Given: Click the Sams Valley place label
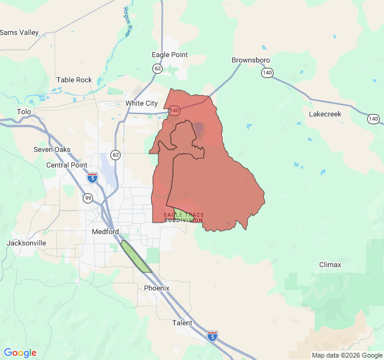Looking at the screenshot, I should (x=19, y=32).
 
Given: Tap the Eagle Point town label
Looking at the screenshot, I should (x=169, y=55).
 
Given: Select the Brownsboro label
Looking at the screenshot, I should (x=251, y=61).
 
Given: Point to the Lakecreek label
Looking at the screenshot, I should (x=325, y=113).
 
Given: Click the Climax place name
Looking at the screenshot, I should (x=330, y=265).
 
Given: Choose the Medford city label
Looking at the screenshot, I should (x=106, y=232).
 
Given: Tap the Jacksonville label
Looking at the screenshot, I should (x=26, y=243).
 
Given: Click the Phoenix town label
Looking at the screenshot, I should (x=157, y=288).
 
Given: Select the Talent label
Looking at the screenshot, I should (x=182, y=323).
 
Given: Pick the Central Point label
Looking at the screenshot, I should (x=67, y=165).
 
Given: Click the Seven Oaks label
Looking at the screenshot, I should (x=52, y=149).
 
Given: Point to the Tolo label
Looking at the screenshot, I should (x=24, y=112).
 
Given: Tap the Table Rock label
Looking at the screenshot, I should (x=74, y=80).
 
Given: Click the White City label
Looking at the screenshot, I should (x=142, y=103).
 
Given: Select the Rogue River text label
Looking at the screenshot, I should (x=127, y=22).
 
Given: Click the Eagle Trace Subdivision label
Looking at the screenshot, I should (x=184, y=217).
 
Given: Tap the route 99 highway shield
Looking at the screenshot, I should (x=88, y=197).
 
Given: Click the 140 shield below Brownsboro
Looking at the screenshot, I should (x=266, y=73).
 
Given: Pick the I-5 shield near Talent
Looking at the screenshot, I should (x=212, y=335).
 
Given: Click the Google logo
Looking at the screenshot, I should (x=20, y=353).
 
